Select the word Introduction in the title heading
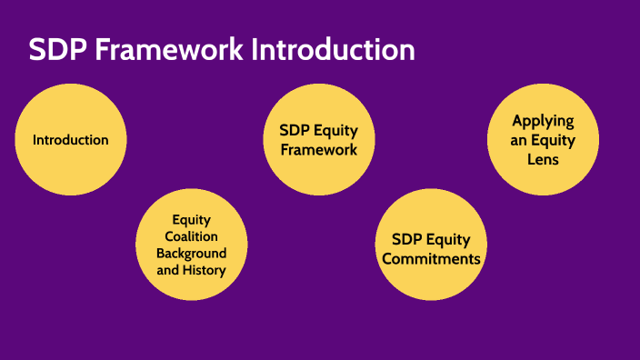(333, 50)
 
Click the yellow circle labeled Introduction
(71, 140)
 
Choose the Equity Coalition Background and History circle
(191, 245)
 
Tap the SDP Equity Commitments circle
(431, 247)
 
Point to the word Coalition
(191, 236)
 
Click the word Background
(191, 253)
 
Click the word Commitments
(431, 258)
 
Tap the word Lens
(543, 158)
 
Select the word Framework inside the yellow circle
(318, 149)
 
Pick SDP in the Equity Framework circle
(295, 131)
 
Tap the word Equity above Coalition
(191, 220)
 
